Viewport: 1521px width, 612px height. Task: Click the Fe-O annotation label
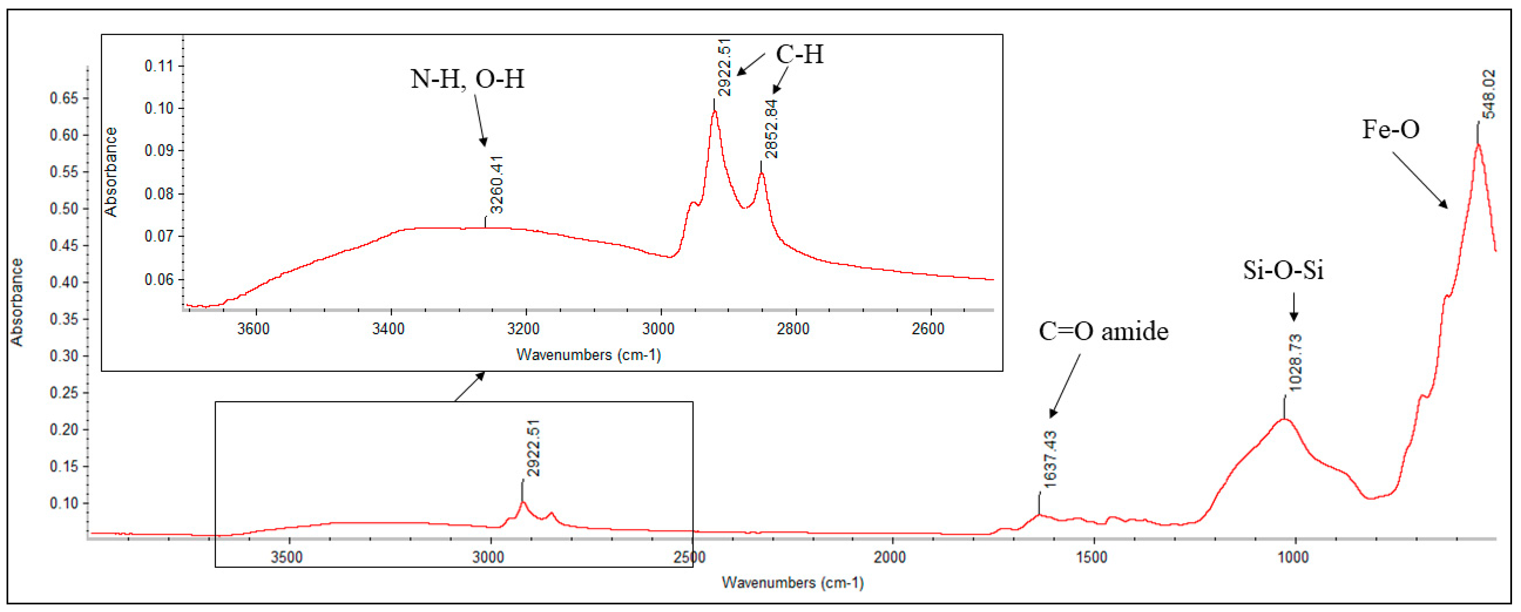pos(1390,129)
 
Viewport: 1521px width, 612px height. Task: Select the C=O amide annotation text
pos(1103,331)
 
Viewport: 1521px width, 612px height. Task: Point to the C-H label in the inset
pos(800,54)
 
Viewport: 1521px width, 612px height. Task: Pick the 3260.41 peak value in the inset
pos(496,184)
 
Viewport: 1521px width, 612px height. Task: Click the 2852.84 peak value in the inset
pos(771,129)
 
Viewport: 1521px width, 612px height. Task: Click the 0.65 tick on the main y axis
pos(64,98)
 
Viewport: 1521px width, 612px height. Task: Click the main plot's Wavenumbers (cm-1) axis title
pos(792,583)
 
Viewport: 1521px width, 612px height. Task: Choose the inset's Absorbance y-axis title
pos(110,172)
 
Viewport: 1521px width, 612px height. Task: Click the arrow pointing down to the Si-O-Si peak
pos(1294,307)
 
